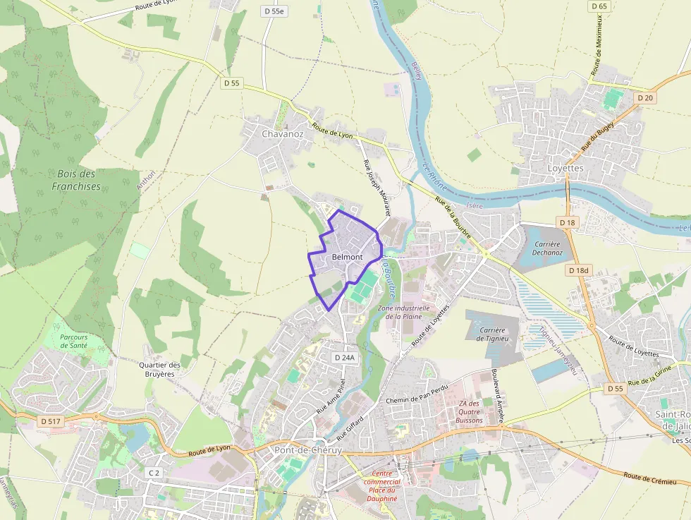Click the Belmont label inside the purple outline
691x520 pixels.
(x=346, y=257)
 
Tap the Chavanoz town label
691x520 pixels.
(x=282, y=133)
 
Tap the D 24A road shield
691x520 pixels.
(x=345, y=358)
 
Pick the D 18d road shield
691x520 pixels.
(x=578, y=270)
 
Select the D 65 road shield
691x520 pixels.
(x=599, y=6)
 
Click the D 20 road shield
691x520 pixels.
(x=644, y=98)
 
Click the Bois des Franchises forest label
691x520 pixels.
(x=76, y=180)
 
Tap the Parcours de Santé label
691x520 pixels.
(x=73, y=341)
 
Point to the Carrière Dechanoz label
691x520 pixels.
(x=547, y=248)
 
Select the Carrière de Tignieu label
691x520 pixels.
(x=491, y=334)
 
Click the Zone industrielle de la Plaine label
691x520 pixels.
(x=403, y=312)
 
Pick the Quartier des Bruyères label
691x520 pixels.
(x=159, y=369)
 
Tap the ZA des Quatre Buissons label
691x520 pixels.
(x=469, y=411)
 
